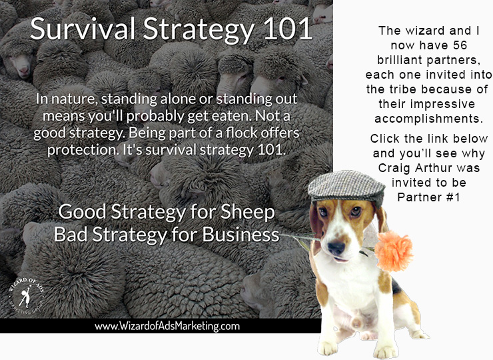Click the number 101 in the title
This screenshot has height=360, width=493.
tap(288, 29)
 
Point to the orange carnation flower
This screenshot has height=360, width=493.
tap(394, 251)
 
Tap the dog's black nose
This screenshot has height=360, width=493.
tap(336, 247)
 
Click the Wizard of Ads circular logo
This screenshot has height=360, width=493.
tap(26, 296)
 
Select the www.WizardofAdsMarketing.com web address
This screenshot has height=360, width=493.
tap(167, 326)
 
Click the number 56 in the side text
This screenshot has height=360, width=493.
tap(460, 45)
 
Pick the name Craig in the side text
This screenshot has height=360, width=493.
tap(394, 168)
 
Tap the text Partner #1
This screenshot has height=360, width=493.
tap(428, 197)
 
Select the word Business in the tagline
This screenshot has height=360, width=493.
tap(241, 235)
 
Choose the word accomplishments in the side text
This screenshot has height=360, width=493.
tap(428, 119)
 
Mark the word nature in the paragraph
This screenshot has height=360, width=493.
tap(73, 99)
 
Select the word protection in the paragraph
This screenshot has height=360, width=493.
tap(83, 150)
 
